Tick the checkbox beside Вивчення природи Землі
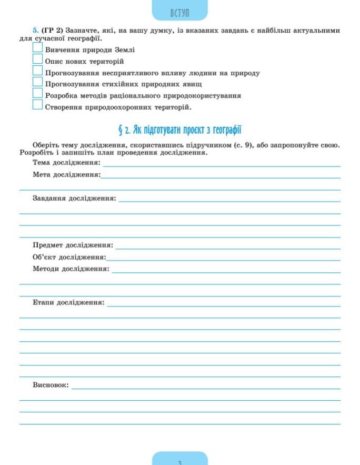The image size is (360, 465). pyautogui.click(x=37, y=48)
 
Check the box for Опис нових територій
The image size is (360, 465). pyautogui.click(x=37, y=60)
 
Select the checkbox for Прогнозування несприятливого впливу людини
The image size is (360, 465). pyautogui.click(x=37, y=71)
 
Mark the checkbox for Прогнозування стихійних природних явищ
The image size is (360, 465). pyautogui.click(x=37, y=82)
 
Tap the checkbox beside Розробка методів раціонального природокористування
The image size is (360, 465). pyautogui.click(x=37, y=94)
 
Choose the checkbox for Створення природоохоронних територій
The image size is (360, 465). pyautogui.click(x=37, y=105)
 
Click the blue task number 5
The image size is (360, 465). pyautogui.click(x=35, y=31)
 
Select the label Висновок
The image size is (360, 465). pyautogui.click(x=51, y=385)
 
